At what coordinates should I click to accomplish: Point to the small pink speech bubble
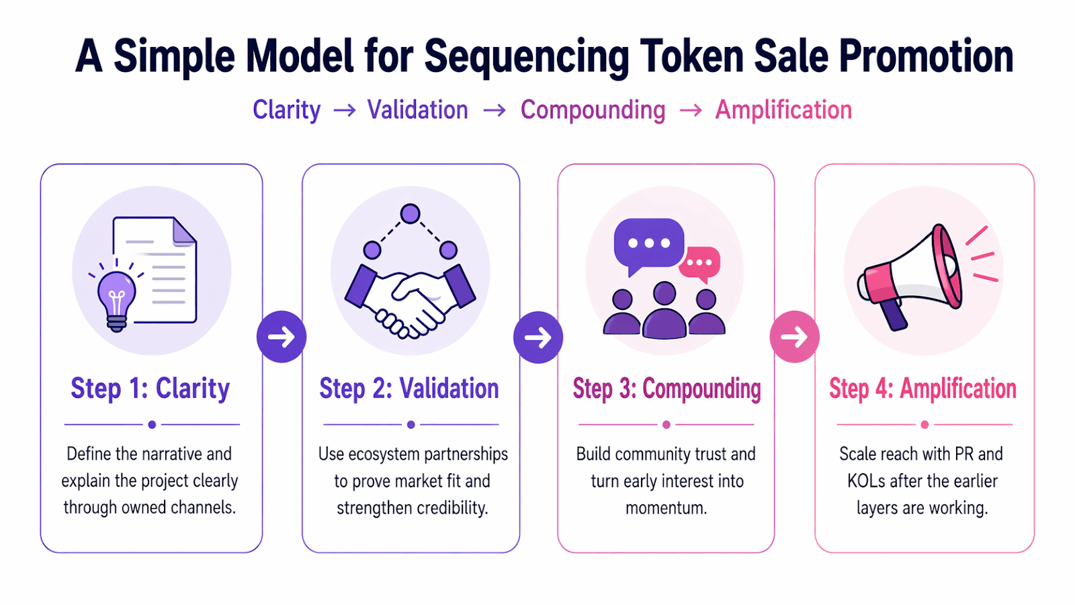click(700, 263)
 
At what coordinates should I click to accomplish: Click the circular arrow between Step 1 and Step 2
click(282, 337)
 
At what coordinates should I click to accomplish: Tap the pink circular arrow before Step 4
click(794, 337)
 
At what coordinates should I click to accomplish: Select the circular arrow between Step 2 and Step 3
click(538, 337)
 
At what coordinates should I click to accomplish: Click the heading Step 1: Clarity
click(150, 389)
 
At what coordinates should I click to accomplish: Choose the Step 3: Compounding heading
click(666, 389)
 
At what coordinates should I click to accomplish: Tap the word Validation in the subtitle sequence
click(417, 110)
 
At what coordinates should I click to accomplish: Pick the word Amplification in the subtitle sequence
click(783, 110)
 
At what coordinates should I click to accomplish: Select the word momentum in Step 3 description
click(665, 508)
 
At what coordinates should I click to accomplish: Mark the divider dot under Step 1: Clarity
click(152, 425)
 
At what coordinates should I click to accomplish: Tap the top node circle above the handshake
click(410, 214)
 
